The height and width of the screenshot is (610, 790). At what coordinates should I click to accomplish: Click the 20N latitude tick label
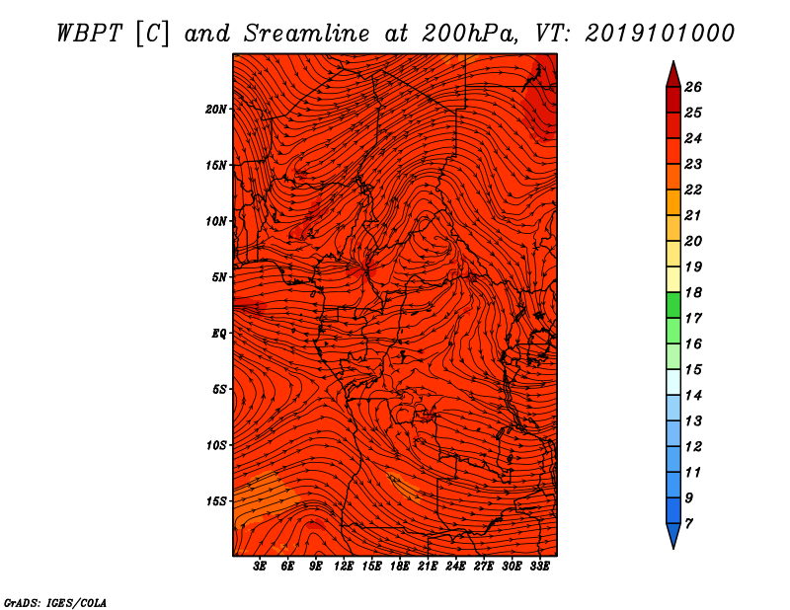pyautogui.click(x=216, y=109)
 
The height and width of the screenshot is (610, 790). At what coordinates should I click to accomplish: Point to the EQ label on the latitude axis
pyautogui.click(x=218, y=334)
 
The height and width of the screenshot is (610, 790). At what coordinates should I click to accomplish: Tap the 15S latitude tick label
pyautogui.click(x=216, y=501)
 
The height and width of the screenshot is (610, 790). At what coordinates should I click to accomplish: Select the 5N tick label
pyautogui.click(x=219, y=277)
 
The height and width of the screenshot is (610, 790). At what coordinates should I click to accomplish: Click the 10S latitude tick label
pyautogui.click(x=216, y=445)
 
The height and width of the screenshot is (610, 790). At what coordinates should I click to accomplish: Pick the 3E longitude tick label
pyautogui.click(x=260, y=567)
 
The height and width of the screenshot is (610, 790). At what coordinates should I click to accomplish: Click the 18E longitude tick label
pyautogui.click(x=400, y=567)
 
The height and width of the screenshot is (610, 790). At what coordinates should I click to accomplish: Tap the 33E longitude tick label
pyautogui.click(x=539, y=567)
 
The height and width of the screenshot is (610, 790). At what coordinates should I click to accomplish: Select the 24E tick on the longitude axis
pyautogui.click(x=455, y=567)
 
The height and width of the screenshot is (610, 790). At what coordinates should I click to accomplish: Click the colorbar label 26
pyautogui.click(x=693, y=87)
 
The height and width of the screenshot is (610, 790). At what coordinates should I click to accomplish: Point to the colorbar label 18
pyautogui.click(x=693, y=292)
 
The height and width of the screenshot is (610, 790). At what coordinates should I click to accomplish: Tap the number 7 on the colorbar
pyautogui.click(x=688, y=524)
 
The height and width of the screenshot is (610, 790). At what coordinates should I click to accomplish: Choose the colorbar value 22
pyautogui.click(x=693, y=190)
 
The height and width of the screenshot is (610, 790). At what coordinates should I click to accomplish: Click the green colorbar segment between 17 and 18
pyautogui.click(x=673, y=305)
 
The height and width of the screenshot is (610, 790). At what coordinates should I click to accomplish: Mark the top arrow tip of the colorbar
pyautogui.click(x=673, y=61)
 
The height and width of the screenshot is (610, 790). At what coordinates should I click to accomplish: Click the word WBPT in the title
pyautogui.click(x=90, y=34)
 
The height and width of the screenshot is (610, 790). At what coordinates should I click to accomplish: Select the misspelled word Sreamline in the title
pyautogui.click(x=307, y=34)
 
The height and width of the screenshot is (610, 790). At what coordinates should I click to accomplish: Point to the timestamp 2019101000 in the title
pyautogui.click(x=660, y=34)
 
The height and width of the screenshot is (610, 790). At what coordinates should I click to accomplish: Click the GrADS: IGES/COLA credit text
pyautogui.click(x=55, y=602)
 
